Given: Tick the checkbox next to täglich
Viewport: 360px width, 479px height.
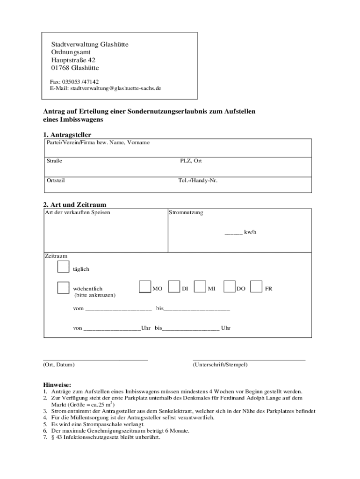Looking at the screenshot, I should (63, 267).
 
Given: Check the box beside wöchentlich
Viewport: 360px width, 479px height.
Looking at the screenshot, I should (63, 288).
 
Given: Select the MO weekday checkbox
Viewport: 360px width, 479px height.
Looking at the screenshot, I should (145, 287).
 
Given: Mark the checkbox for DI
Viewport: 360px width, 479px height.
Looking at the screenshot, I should (174, 287).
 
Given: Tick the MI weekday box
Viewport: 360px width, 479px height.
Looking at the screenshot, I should (200, 287).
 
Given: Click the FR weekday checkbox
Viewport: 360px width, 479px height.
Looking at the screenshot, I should (256, 287).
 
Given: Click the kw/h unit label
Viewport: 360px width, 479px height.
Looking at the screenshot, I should (250, 232).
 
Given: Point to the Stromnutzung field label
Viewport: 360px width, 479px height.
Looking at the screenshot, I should (187, 213).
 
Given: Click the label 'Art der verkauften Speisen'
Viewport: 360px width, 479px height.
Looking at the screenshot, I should (78, 213).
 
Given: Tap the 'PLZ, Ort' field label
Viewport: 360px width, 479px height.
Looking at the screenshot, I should (191, 161).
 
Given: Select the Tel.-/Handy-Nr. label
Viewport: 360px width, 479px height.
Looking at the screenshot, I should (198, 180).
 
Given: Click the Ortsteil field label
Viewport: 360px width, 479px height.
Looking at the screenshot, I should (56, 180).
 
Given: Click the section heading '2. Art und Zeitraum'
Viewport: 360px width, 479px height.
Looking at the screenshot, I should (75, 205).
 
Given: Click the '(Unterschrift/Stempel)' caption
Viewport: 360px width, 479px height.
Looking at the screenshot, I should (220, 364).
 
